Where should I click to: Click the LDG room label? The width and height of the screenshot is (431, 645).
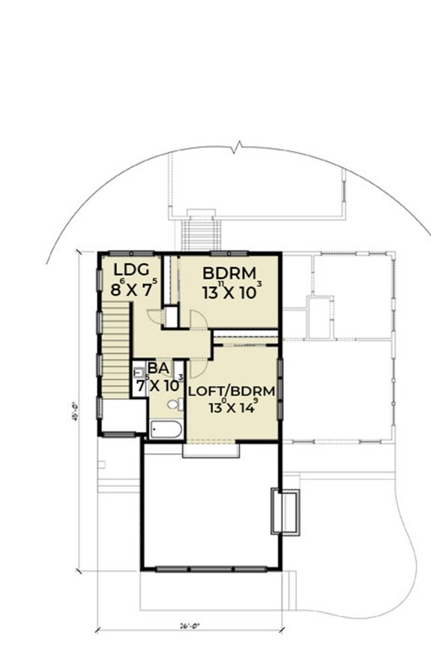pos(133,270)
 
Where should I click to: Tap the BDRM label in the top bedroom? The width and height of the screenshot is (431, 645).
pos(230,272)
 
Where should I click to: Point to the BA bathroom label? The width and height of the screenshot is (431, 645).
pos(157,367)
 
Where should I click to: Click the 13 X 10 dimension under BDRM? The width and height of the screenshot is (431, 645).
pos(232,292)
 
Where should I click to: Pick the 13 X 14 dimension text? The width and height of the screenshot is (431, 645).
pos(232,408)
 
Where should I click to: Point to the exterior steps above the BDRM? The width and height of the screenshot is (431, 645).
pos(199,233)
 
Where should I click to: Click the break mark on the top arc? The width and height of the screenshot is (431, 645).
pos(238,146)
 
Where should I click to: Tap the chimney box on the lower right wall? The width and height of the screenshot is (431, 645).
pos(285,511)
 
